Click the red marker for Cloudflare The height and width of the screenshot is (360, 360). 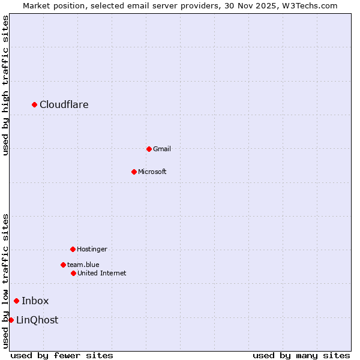pyautogui.click(x=35, y=105)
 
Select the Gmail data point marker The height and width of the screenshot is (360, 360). pyautogui.click(x=149, y=149)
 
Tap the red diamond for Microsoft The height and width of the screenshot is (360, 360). pyautogui.click(x=134, y=172)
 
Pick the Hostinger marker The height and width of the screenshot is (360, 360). pyautogui.click(x=73, y=249)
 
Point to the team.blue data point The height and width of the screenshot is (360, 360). pyautogui.click(x=63, y=265)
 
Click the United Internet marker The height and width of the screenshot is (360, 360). pyautogui.click(x=73, y=273)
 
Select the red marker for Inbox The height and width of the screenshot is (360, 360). pyautogui.click(x=17, y=301)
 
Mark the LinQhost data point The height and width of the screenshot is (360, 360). pyautogui.click(x=11, y=320)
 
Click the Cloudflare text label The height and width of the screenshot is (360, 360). pyautogui.click(x=64, y=105)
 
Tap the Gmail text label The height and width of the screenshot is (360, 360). pyautogui.click(x=162, y=149)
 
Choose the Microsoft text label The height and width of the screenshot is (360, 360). pyautogui.click(x=152, y=172)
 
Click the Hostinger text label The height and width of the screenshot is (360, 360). pyautogui.click(x=92, y=249)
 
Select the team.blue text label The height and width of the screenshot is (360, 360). pyautogui.click(x=83, y=265)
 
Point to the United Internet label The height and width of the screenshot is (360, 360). pyautogui.click(x=102, y=273)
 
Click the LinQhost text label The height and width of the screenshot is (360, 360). pyautogui.click(x=37, y=320)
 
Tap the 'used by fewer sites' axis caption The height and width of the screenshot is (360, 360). pyautogui.click(x=62, y=355)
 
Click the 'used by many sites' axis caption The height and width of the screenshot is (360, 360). pyautogui.click(x=301, y=355)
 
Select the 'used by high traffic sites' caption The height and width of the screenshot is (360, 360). pyautogui.click(x=5, y=85)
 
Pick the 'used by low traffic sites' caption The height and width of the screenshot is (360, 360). pyautogui.click(x=5, y=281)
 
